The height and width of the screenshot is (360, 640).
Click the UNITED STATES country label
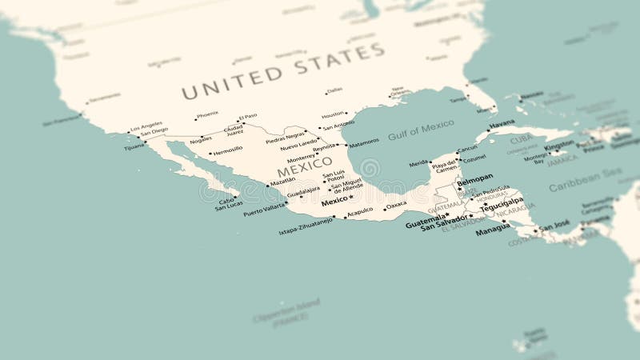click(x=282, y=71)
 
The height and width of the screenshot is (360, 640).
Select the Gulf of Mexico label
click(x=421, y=130)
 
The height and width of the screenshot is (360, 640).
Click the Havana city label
click(x=502, y=124)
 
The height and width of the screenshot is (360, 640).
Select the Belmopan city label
click(x=474, y=178)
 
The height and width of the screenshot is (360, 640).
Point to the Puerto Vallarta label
click(x=264, y=212)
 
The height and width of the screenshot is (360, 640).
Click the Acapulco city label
click(x=360, y=211)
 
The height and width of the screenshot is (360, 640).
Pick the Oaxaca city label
click(x=396, y=205)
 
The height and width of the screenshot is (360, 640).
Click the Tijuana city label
click(x=134, y=147)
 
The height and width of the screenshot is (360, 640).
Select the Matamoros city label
click(x=363, y=142)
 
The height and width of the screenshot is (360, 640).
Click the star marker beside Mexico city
click(x=351, y=198)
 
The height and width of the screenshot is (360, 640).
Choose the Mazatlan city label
click(x=282, y=182)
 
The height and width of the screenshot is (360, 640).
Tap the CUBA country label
click(x=521, y=138)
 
